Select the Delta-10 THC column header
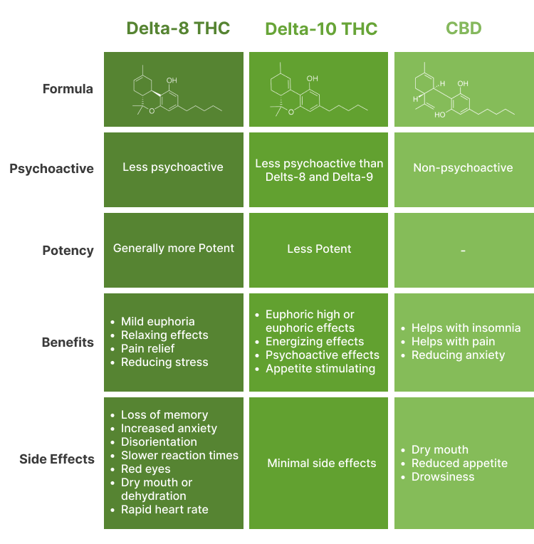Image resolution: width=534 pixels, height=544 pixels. pos(321,29)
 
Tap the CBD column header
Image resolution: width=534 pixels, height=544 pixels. pos(464,28)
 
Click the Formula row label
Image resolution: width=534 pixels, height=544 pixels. pos(68,89)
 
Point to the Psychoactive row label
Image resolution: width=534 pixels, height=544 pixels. pos(51,169)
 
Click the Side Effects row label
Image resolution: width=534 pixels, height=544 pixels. pos(57,459)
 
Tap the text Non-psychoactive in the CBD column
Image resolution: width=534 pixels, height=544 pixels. pos(463,168)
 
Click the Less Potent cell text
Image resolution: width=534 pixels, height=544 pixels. pos(319,249)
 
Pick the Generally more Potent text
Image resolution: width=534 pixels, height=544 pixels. pos(174,249)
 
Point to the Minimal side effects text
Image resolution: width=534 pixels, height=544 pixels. pos(321,463)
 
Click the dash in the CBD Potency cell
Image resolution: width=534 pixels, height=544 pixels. pos(463,251)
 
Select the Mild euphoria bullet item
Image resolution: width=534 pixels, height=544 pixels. pos(157,321)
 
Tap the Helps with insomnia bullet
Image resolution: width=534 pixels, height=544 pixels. pos(466,328)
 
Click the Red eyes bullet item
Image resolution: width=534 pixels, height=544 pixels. pos(147,469)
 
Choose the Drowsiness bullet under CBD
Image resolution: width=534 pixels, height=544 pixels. pos(442,476)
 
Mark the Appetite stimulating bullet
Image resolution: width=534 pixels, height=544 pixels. pos(320,368)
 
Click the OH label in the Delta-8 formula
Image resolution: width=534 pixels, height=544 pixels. pos(172,80)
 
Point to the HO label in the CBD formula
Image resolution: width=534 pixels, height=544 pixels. pos(439,114)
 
